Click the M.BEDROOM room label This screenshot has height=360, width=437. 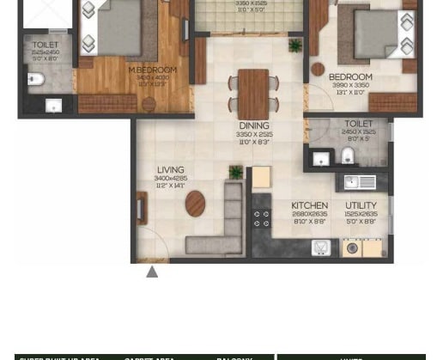(x=153, y=70)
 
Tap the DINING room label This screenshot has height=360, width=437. (x=254, y=125)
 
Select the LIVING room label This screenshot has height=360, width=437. (x=170, y=170)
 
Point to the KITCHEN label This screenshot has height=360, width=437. (x=309, y=205)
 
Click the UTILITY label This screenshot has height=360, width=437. (x=361, y=205)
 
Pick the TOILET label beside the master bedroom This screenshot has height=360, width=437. (x=45, y=45)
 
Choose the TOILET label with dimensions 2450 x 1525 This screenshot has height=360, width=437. (x=359, y=124)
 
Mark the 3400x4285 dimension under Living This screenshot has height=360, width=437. (x=170, y=179)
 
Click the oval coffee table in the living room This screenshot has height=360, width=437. (x=195, y=204)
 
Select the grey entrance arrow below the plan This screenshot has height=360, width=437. (x=152, y=272)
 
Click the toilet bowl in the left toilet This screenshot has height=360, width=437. (x=35, y=81)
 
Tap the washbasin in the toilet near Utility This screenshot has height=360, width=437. (x=321, y=157)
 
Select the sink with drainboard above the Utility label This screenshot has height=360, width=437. (x=360, y=181)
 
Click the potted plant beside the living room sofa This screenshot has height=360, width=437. (x=235, y=173)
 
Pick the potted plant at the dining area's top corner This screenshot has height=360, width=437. (x=295, y=46)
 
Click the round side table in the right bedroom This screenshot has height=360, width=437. (x=319, y=69)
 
